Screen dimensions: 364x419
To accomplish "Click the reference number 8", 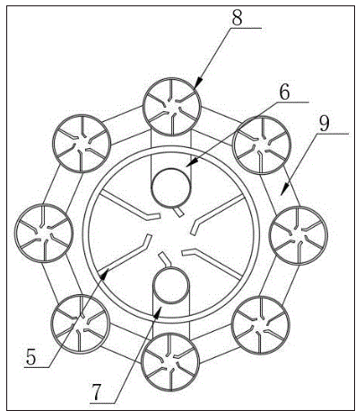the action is click(237, 18).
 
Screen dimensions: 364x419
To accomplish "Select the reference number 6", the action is click(284, 92).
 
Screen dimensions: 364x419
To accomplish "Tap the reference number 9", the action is click(325, 123).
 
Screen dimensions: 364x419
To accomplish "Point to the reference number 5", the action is click(30, 357).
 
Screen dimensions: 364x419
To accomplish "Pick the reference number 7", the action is click(96, 393).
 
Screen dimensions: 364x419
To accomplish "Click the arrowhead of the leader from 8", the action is click(198, 83).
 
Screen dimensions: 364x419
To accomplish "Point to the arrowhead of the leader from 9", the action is click(284, 189).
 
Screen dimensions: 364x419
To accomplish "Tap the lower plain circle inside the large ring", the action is click(171, 285).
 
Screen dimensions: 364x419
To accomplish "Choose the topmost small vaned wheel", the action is click(172, 107).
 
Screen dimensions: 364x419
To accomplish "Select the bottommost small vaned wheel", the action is click(170, 362).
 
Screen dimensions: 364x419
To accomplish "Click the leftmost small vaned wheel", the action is click(44, 233).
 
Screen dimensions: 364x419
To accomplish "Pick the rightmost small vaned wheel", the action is click(299, 235).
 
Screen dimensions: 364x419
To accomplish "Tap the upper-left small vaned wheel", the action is click(82, 143).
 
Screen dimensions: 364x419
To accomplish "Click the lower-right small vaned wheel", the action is click(261, 325).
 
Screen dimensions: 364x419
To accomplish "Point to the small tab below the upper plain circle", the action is click(178, 212).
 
